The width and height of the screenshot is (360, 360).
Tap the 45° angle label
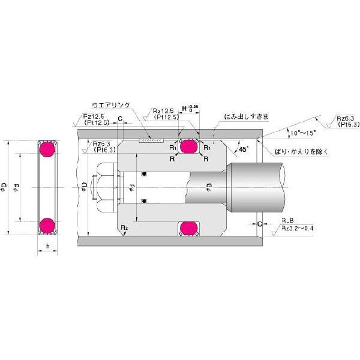242,149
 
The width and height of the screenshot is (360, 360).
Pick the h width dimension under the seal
47,247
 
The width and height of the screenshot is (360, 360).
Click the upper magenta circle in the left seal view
47,148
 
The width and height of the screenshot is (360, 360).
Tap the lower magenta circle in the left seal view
47,226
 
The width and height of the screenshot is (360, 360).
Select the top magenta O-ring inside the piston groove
190,146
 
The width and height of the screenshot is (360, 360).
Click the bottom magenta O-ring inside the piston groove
190,227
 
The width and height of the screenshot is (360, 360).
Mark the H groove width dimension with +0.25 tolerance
189,109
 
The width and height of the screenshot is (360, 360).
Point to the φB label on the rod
209,187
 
